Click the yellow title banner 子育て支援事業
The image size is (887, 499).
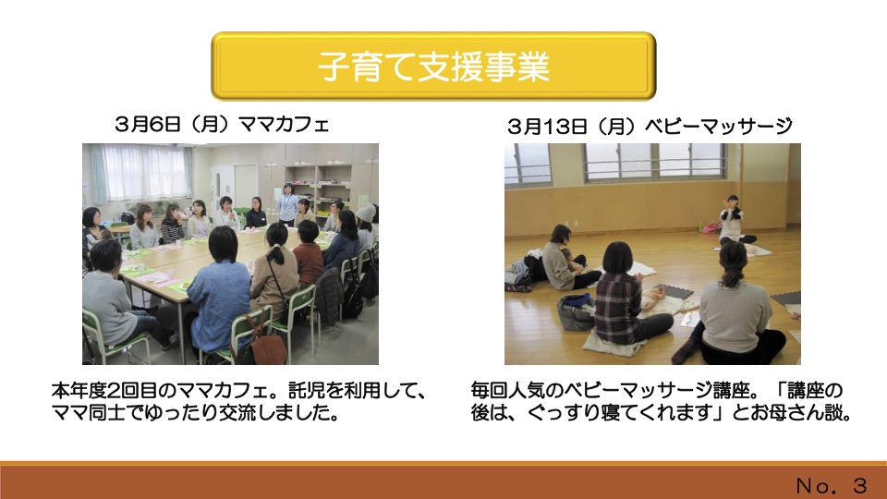point(433,66)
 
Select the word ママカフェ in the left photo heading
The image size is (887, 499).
point(284,124)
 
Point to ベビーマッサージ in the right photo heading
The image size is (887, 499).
point(719,127)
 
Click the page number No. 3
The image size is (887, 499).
point(831,485)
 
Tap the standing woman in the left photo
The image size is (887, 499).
point(287,202)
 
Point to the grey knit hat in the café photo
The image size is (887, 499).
point(366,213)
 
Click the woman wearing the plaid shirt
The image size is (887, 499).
point(626,296)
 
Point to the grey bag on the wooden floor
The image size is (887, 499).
point(576,311)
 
